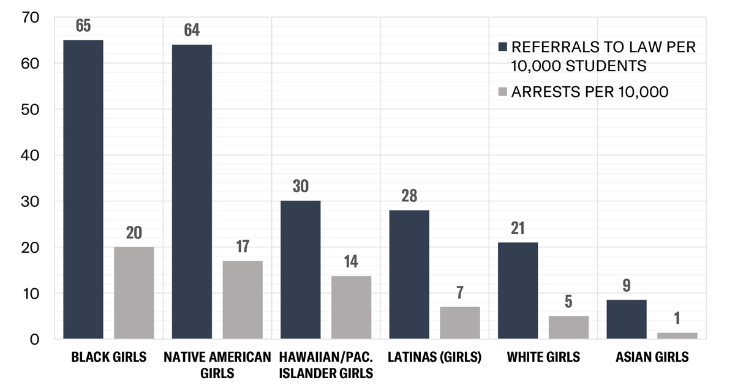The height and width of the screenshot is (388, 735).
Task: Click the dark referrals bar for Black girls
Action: tap(83, 190)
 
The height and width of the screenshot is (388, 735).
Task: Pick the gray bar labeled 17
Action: tap(243, 300)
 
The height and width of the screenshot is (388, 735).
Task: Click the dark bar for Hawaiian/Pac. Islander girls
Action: tap(300, 269)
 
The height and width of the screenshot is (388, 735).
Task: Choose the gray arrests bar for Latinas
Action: tap(460, 323)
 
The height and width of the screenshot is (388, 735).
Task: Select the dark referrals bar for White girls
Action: tap(518, 290)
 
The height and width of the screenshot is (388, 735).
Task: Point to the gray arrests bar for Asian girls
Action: tap(677, 335)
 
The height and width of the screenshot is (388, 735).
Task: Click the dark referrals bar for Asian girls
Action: tap(627, 319)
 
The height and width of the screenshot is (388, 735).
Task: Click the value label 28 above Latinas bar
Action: tap(409, 196)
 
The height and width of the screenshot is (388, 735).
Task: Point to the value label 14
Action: tap(351, 261)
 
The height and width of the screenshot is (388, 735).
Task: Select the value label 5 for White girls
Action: tap(569, 302)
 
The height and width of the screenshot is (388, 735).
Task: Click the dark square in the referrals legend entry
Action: tap(503, 48)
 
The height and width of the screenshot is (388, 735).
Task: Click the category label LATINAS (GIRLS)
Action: tap(434, 357)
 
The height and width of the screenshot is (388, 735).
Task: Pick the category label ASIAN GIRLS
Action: tap(652, 357)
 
